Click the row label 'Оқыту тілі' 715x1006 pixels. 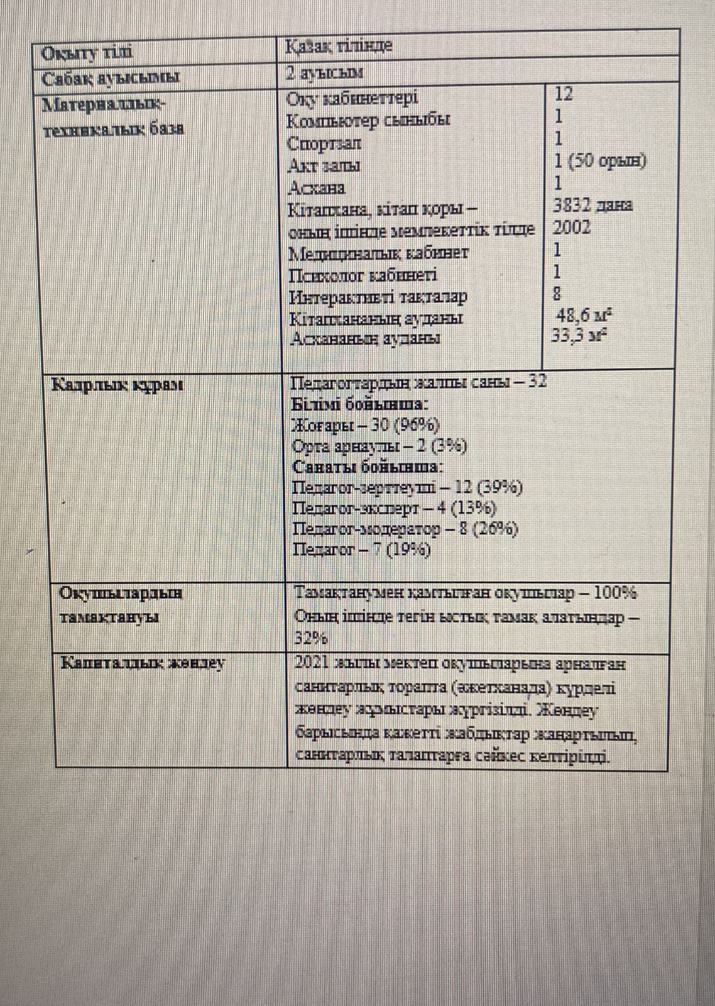coord(87,53)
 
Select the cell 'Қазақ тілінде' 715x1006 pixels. coord(339,46)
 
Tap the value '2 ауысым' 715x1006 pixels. coord(324,72)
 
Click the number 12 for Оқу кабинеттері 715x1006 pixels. coord(564,94)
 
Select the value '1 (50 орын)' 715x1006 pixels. coord(599,161)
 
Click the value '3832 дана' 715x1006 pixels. coord(592,205)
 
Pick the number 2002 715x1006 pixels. coord(572,227)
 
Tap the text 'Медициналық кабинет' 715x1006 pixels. coord(379,253)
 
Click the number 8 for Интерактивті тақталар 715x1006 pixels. coord(557,293)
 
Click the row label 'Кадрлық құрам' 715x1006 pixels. coord(117,384)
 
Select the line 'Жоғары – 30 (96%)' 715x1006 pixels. coord(366,425)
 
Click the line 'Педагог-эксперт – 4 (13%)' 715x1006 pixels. coord(395,508)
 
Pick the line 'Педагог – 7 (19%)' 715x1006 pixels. coord(362,550)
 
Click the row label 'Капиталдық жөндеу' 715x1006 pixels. coord(143,663)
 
